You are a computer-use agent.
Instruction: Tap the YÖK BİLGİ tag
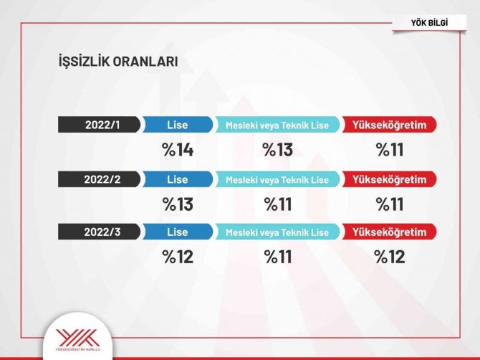pyautogui.click(x=429, y=24)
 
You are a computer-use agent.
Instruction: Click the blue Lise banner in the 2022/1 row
pyautogui.click(x=177, y=125)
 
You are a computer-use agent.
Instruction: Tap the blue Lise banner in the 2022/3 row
pyautogui.click(x=177, y=232)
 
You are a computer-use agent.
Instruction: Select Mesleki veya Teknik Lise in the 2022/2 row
pyautogui.click(x=277, y=179)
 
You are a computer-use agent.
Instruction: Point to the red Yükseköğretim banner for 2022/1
pyautogui.click(x=390, y=125)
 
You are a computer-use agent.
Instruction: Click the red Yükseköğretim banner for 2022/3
pyautogui.click(x=390, y=232)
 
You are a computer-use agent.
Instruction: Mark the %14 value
pyautogui.click(x=178, y=150)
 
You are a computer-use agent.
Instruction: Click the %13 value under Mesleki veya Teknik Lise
pyautogui.click(x=278, y=150)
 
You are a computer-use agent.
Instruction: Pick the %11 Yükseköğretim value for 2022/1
pyautogui.click(x=390, y=150)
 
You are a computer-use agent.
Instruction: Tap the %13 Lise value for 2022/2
pyautogui.click(x=178, y=204)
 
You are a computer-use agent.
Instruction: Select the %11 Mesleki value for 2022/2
pyautogui.click(x=278, y=204)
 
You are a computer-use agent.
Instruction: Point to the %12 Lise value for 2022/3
pyautogui.click(x=178, y=257)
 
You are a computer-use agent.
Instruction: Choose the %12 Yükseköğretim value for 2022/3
pyautogui.click(x=390, y=257)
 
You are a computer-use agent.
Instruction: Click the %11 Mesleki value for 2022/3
pyautogui.click(x=278, y=257)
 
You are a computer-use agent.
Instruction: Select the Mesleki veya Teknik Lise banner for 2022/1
pyautogui.click(x=277, y=125)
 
